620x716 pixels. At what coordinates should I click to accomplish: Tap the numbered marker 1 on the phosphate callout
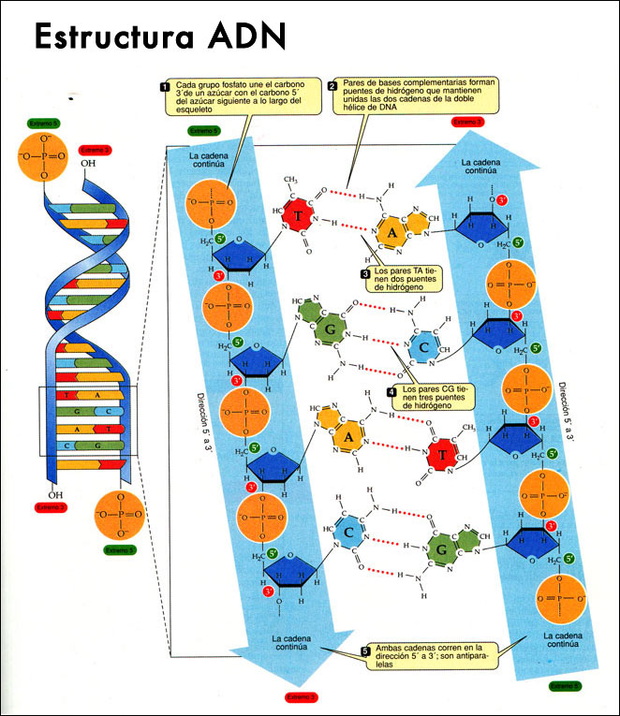click(166, 87)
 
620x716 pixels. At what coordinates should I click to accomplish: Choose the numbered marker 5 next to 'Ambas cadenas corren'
click(365, 650)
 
